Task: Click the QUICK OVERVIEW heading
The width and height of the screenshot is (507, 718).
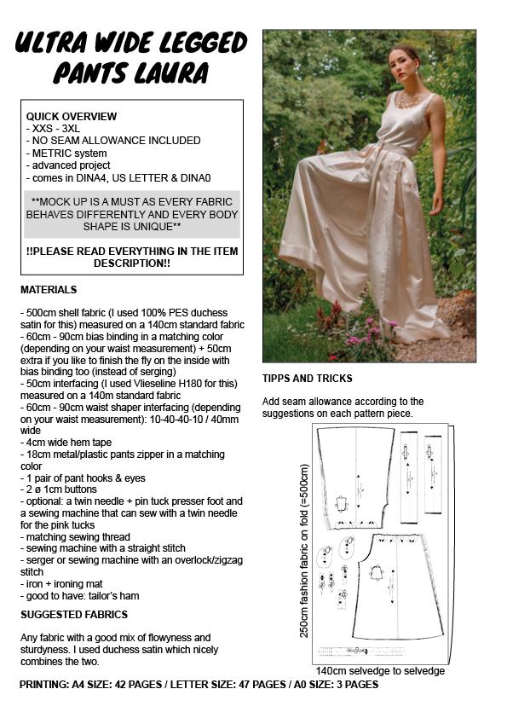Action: click(72, 116)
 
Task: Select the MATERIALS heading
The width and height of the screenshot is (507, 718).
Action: click(49, 290)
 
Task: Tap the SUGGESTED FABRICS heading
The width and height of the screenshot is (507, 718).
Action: click(74, 614)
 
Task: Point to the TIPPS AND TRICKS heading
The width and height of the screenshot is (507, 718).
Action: click(308, 379)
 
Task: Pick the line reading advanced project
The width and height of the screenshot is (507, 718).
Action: click(68, 165)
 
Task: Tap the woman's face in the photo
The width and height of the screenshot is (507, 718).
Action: click(408, 63)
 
